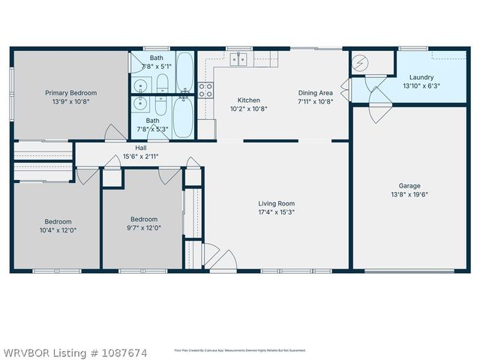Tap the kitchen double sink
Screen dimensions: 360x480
[239, 59]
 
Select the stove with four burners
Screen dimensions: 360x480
[205, 91]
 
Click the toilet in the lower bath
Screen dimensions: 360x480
[184, 94]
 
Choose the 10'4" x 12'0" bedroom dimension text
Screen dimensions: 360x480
[58, 230]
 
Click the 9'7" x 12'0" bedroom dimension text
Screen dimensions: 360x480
[143, 228]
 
